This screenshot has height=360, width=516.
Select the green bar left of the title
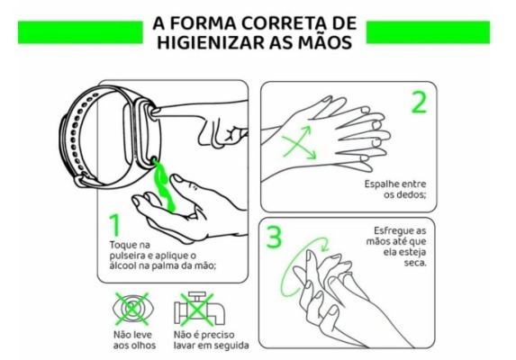click(80, 32)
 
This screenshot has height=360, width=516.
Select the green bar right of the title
click(428, 32)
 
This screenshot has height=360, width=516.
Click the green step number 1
click(115, 225)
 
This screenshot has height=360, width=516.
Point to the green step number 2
click(420, 103)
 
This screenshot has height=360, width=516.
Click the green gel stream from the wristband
click(163, 184)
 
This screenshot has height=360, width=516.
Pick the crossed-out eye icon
click(132, 309)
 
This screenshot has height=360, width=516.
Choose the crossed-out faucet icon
click(199, 309)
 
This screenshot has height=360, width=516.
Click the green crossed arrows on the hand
click(299, 143)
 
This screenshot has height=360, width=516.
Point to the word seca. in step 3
click(415, 263)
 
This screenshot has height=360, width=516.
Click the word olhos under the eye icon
click(144, 346)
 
